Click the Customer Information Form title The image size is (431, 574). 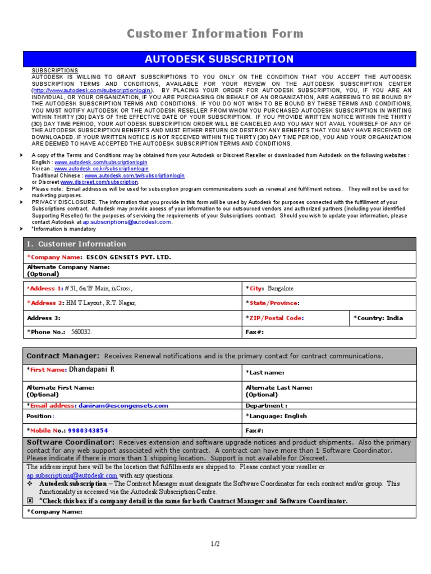pyautogui.click(x=215, y=34)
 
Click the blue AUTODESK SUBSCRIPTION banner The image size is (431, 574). pyautogui.click(x=219, y=59)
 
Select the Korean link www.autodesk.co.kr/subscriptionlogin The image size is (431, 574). pyautogui.click(x=101, y=168)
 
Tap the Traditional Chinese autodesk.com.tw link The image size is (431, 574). pyautogui.click(x=134, y=175)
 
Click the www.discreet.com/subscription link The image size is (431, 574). pyautogui.click(x=99, y=182)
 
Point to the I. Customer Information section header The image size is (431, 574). pyautogui.click(x=76, y=244)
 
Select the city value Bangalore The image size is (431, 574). pyautogui.click(x=280, y=289)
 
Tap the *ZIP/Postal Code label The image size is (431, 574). pyautogui.click(x=275, y=318)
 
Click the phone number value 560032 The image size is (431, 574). pyautogui.click(x=81, y=332)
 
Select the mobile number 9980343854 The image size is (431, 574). pyautogui.click(x=88, y=430)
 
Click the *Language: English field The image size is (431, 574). pyautogui.click(x=276, y=416)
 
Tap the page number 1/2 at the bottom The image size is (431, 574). pyautogui.click(x=215, y=544)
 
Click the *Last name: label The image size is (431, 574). pyautogui.click(x=265, y=373)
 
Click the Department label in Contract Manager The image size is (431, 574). pyautogui.click(x=267, y=405)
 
